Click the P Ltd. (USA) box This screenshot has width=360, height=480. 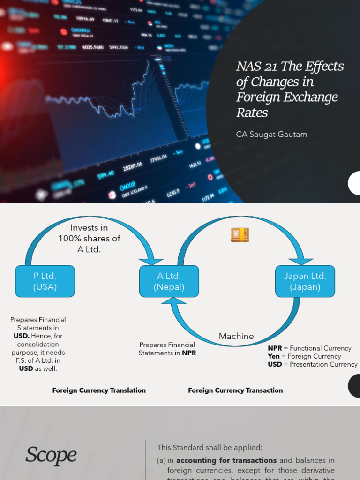[45, 281]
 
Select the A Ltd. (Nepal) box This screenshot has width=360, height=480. [169, 281]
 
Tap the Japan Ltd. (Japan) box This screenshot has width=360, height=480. [305, 281]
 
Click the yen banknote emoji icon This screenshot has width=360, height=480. [240, 235]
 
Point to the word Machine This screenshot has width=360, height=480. [236, 336]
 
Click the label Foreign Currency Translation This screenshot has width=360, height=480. [99, 390]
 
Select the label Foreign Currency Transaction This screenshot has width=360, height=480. [235, 390]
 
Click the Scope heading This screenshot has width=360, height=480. [51, 455]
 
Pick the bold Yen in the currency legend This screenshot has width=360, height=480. [274, 356]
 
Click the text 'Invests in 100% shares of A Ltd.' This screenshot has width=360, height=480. [89, 238]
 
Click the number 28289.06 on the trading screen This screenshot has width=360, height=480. [132, 167]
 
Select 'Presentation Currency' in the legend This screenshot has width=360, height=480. [323, 364]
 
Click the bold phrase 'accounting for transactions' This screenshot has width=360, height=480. [226, 460]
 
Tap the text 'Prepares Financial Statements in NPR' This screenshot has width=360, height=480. [167, 349]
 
